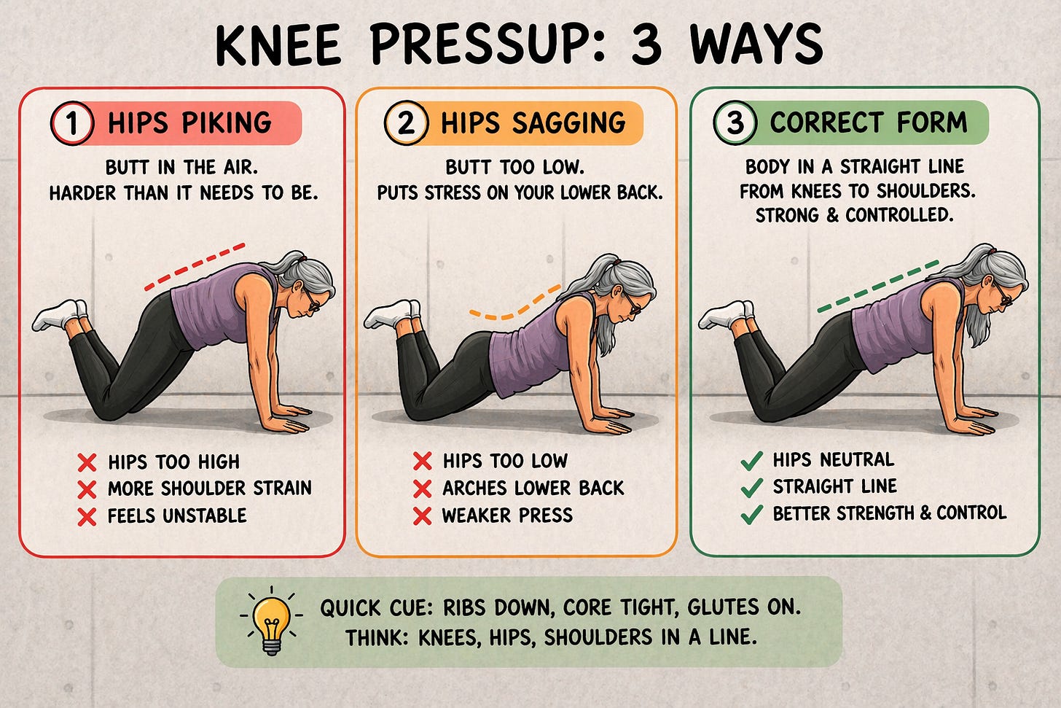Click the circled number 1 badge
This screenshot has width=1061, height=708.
pos(71,123)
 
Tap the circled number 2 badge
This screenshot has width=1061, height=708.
pos(405,123)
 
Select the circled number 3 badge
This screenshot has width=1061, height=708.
pos(735,122)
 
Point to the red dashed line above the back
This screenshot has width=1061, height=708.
pos(195,266)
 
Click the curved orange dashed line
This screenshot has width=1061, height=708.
pos(514,306)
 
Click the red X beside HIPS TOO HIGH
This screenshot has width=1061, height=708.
pos(87,462)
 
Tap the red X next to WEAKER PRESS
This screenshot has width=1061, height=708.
pos(422,516)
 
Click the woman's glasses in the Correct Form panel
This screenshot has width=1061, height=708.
pos(1006,298)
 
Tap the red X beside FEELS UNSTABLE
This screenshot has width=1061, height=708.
pos(87,516)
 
